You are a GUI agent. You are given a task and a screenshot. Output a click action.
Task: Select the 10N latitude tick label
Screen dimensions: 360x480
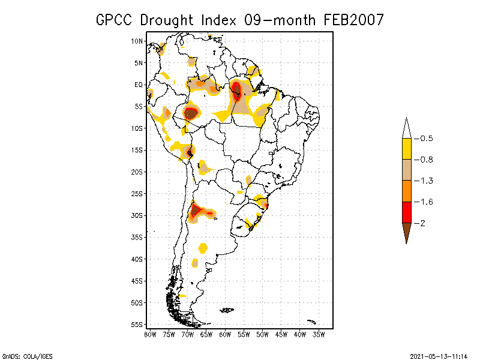[x=137, y=41]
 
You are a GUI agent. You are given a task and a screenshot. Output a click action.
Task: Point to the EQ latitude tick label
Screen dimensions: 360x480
[x=138, y=85]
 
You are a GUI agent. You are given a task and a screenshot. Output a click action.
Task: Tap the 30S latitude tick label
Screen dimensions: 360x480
[x=137, y=215]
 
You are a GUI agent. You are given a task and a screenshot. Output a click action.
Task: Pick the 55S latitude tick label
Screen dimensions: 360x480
[x=137, y=325]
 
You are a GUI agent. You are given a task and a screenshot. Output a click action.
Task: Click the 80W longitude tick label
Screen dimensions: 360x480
[x=150, y=334]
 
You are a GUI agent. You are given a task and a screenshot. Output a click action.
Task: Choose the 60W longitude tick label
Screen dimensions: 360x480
[x=225, y=334]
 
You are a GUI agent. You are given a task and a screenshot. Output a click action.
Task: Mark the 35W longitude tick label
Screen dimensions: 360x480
[x=319, y=334]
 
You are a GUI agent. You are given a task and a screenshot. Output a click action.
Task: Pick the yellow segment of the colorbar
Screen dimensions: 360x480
[x=406, y=149]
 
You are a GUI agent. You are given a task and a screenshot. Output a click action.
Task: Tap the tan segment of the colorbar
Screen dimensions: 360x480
[x=406, y=170]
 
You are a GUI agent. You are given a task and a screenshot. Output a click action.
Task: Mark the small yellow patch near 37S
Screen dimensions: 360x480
[x=203, y=247]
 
